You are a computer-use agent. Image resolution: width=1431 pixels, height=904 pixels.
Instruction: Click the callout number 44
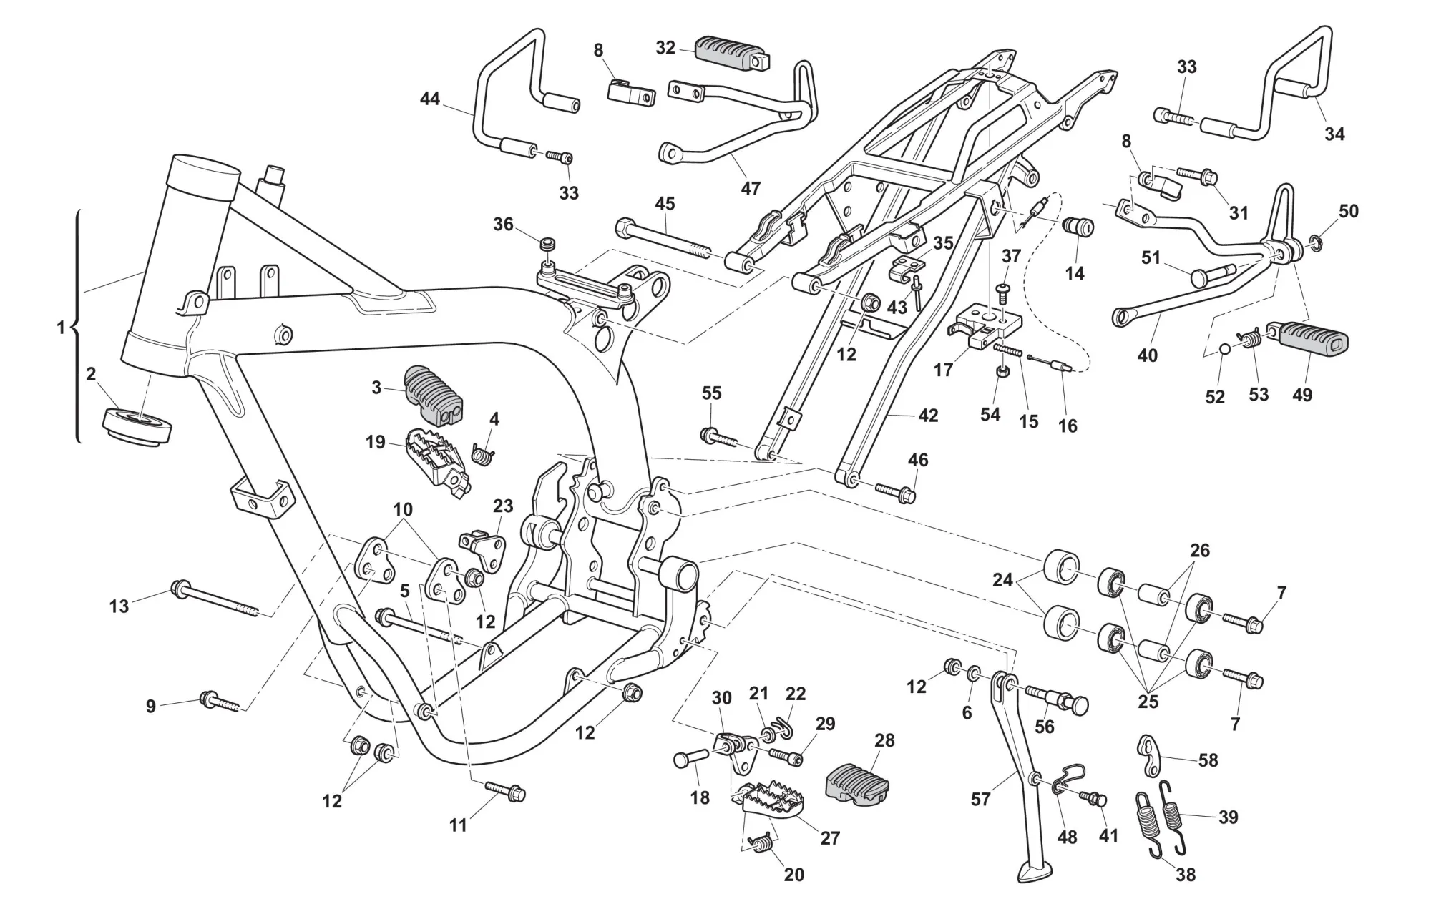(x=429, y=99)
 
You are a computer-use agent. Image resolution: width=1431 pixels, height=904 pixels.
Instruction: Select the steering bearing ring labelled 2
(x=137, y=428)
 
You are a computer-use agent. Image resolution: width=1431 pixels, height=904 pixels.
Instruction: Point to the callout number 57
(x=980, y=798)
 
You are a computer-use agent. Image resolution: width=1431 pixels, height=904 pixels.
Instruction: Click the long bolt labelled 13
(x=215, y=599)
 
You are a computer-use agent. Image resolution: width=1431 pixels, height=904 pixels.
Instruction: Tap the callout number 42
(x=928, y=416)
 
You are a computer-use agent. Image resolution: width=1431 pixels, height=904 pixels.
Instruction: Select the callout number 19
(x=376, y=443)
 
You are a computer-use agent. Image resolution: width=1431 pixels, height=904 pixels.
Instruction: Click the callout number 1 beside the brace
(x=61, y=328)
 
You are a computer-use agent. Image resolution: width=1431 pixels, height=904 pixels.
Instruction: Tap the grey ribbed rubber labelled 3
(x=433, y=393)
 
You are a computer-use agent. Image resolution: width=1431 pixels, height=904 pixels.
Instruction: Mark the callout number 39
(x=1228, y=817)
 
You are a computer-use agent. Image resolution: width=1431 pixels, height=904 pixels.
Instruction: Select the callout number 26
(x=1200, y=551)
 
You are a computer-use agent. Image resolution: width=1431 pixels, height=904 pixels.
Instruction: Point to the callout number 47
(x=751, y=188)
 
